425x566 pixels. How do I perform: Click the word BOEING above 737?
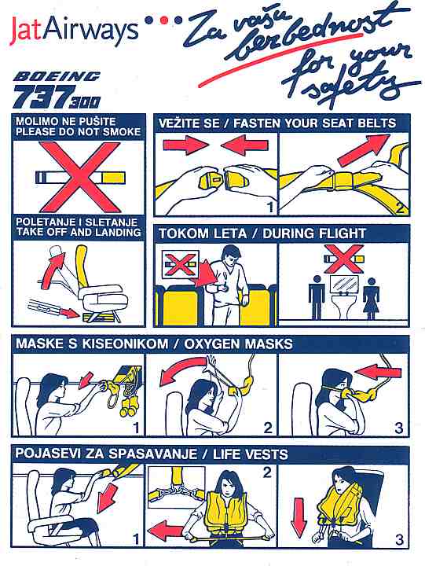click(x=57, y=76)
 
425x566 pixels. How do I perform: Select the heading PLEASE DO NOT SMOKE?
click(x=78, y=132)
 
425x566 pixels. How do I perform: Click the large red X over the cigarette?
click(x=79, y=177)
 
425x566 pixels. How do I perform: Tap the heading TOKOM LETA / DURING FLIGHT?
click(x=262, y=233)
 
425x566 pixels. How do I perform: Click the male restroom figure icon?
click(x=317, y=297)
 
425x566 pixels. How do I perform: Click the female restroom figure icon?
click(x=371, y=297)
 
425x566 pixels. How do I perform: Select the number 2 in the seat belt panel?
click(x=400, y=208)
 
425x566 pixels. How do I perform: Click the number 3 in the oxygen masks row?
click(x=398, y=428)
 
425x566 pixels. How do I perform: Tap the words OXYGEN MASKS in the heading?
click(x=238, y=344)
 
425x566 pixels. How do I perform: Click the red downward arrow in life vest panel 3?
click(x=299, y=518)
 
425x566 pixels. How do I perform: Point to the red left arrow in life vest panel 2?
click(x=166, y=531)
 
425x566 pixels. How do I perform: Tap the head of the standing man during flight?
click(x=230, y=255)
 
